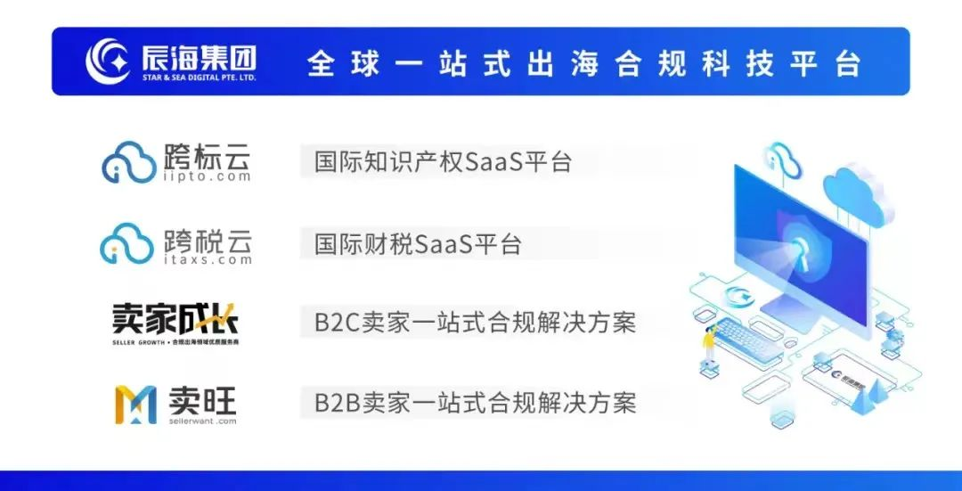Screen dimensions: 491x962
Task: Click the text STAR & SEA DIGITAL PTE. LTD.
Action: coord(199,78)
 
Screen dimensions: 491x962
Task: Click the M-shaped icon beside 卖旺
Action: coord(135,404)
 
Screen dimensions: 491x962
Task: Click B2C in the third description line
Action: coord(336,323)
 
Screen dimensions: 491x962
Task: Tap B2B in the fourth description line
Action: coord(336,402)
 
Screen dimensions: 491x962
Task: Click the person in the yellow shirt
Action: coord(708,343)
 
